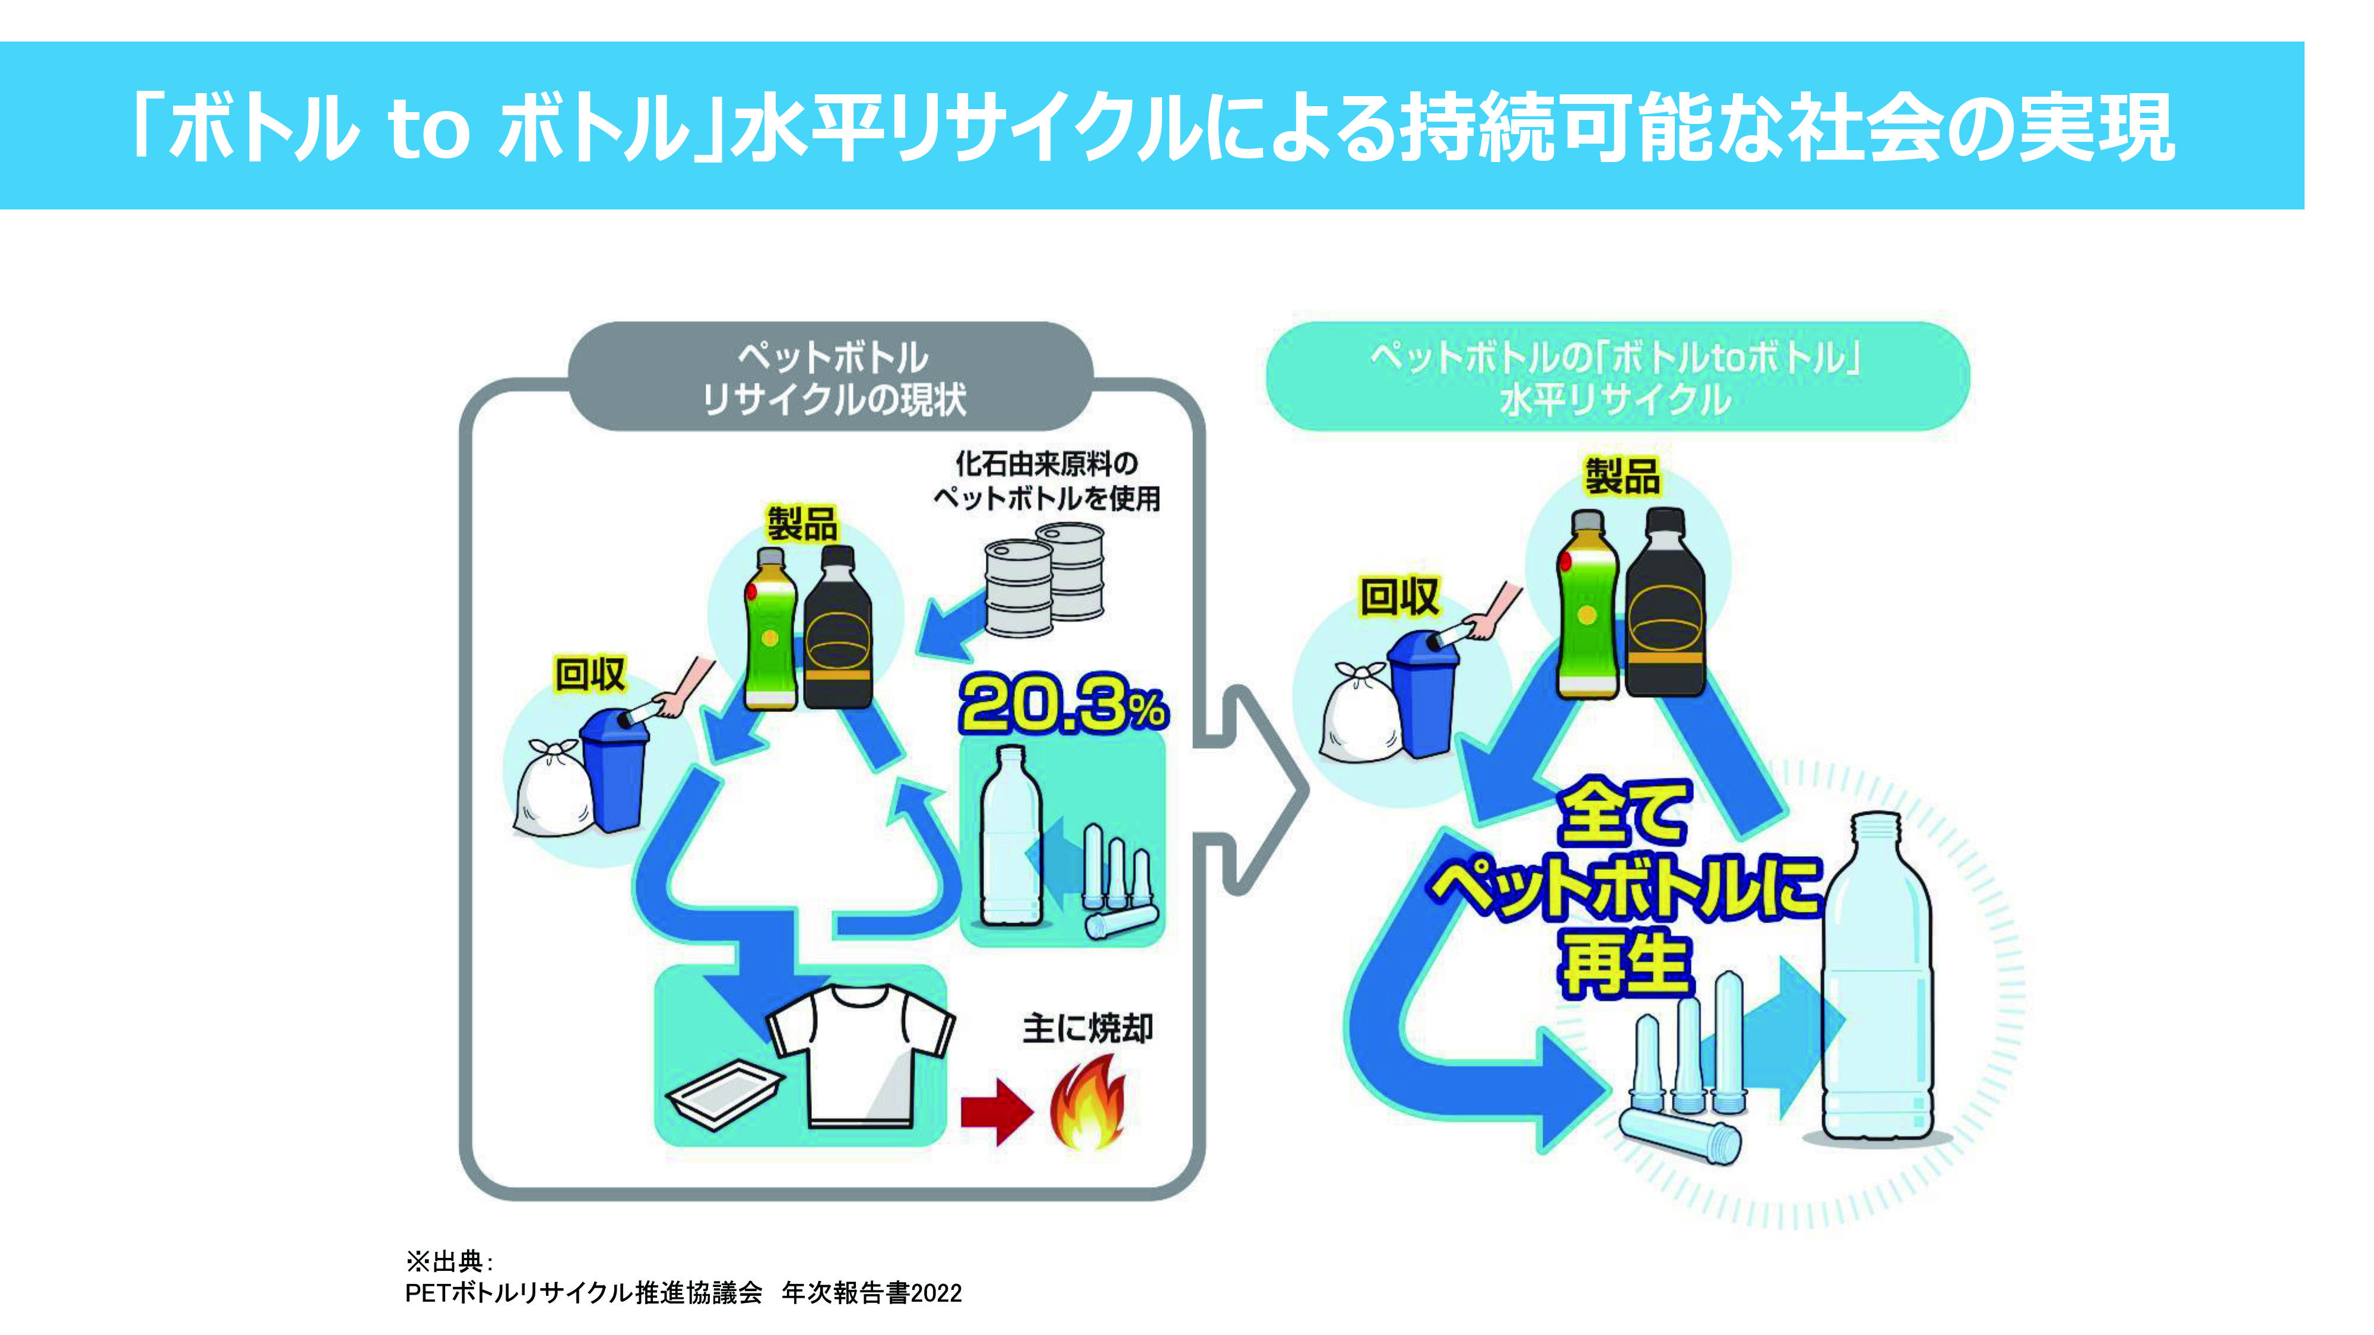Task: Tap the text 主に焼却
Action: point(1087,1028)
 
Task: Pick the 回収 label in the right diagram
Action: point(1399,596)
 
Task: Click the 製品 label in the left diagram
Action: point(802,525)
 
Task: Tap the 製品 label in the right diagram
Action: point(1622,476)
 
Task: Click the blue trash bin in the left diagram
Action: point(613,770)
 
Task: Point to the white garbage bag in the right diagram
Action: point(1359,714)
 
